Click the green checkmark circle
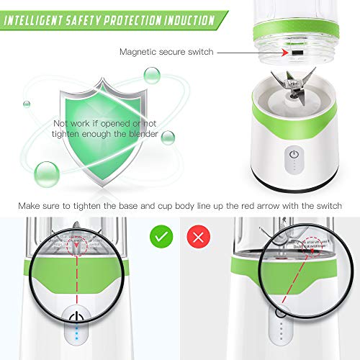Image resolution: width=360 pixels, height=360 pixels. point(161,237)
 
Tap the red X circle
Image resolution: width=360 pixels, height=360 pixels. point(199,237)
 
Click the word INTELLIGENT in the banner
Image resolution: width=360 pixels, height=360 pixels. point(33,21)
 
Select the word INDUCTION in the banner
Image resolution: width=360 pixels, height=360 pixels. point(189,20)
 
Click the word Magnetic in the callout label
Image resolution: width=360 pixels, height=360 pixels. point(138,52)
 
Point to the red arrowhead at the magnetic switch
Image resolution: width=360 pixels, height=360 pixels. point(285,53)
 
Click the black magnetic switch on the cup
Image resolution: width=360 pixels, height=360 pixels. point(297,53)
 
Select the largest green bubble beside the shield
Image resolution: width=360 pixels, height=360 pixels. point(47,174)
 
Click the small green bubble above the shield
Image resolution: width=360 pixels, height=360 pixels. point(152,75)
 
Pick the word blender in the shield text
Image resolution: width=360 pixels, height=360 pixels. point(143,134)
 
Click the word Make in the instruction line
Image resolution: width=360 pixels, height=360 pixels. point(28,206)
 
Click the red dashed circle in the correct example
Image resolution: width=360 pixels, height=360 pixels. point(77,246)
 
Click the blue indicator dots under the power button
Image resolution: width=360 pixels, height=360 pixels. point(76,333)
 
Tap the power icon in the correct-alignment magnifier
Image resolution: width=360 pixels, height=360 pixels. point(76,317)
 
